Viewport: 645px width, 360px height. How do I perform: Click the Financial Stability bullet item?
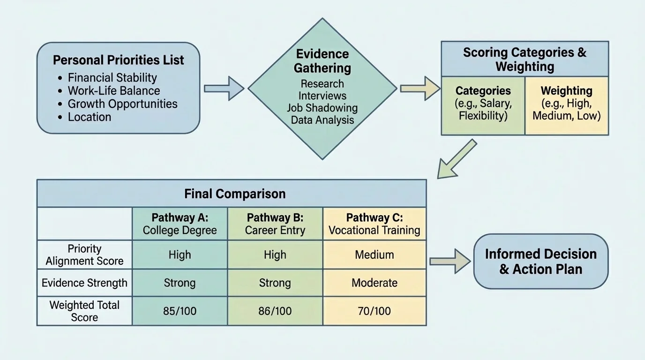tap(112, 78)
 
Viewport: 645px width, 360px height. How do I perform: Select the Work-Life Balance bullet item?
tap(113, 91)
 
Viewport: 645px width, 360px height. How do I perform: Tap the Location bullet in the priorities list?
tap(89, 117)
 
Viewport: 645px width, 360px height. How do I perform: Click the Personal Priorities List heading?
tap(118, 60)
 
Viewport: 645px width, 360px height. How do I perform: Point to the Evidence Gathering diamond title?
tap(322, 61)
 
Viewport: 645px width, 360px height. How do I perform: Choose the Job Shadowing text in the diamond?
tap(322, 108)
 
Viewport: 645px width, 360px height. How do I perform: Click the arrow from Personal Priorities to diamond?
tap(224, 88)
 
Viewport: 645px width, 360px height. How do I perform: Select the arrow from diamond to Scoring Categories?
tap(420, 88)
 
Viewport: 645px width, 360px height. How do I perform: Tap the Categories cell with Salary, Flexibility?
tap(483, 103)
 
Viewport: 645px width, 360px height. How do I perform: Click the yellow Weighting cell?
tap(566, 103)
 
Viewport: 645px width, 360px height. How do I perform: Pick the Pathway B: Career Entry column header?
tap(275, 224)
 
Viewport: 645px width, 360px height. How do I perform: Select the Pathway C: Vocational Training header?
tap(374, 224)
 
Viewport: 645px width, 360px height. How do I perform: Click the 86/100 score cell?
tap(275, 311)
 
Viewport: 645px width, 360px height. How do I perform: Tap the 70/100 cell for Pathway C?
tap(374, 311)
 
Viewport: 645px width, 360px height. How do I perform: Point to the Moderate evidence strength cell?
tap(374, 283)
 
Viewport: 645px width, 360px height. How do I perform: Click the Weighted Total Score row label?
tap(84, 311)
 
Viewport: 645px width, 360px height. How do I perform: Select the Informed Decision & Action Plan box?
tap(540, 261)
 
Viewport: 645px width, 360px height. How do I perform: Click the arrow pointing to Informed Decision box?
tap(450, 261)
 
